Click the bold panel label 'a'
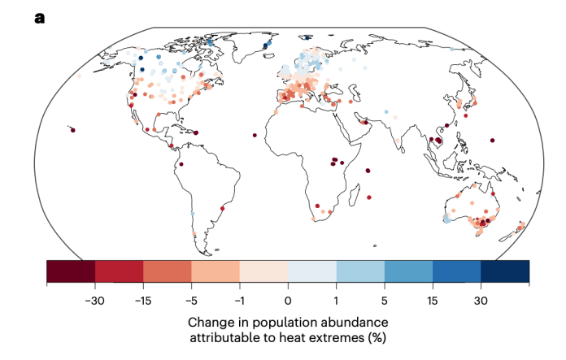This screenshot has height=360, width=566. click(39, 16)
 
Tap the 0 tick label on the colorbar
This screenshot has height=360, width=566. click(288, 299)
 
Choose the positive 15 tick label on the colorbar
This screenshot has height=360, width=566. click(433, 299)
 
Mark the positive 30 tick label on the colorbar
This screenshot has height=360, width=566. click(481, 299)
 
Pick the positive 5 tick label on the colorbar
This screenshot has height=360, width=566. click(385, 299)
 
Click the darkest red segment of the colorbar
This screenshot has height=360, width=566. click(71, 271)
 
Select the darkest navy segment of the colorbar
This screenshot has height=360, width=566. click(505, 271)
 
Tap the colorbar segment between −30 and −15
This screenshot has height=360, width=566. click(119, 271)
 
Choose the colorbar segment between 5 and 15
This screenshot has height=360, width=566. click(408, 271)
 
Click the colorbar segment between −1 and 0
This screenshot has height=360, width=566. click(263, 271)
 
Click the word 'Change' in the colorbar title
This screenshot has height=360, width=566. click(213, 321)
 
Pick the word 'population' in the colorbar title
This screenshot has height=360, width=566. click(282, 321)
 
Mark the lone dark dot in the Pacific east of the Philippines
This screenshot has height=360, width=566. click(492, 141)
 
